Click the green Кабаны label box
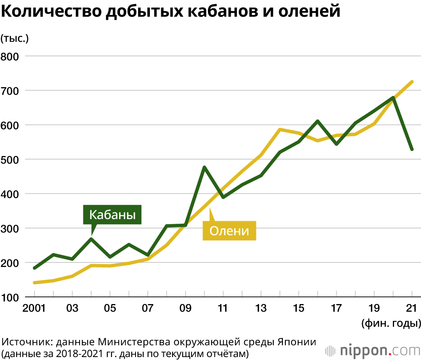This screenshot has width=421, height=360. click(112, 215)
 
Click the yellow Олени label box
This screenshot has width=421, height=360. click(229, 230)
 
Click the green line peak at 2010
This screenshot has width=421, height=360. click(204, 167)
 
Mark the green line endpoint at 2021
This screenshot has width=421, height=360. click(412, 149)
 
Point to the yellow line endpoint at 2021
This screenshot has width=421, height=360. click(412, 82)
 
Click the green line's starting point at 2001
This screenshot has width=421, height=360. click(35, 268)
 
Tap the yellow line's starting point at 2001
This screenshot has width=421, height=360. click(35, 283)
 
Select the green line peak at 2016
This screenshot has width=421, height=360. click(317, 121)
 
